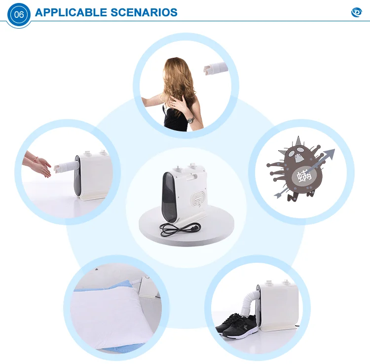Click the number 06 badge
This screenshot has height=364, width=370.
click(19, 14)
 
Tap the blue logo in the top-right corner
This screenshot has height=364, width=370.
click(356, 12)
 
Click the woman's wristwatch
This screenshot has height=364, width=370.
click(189, 119)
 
